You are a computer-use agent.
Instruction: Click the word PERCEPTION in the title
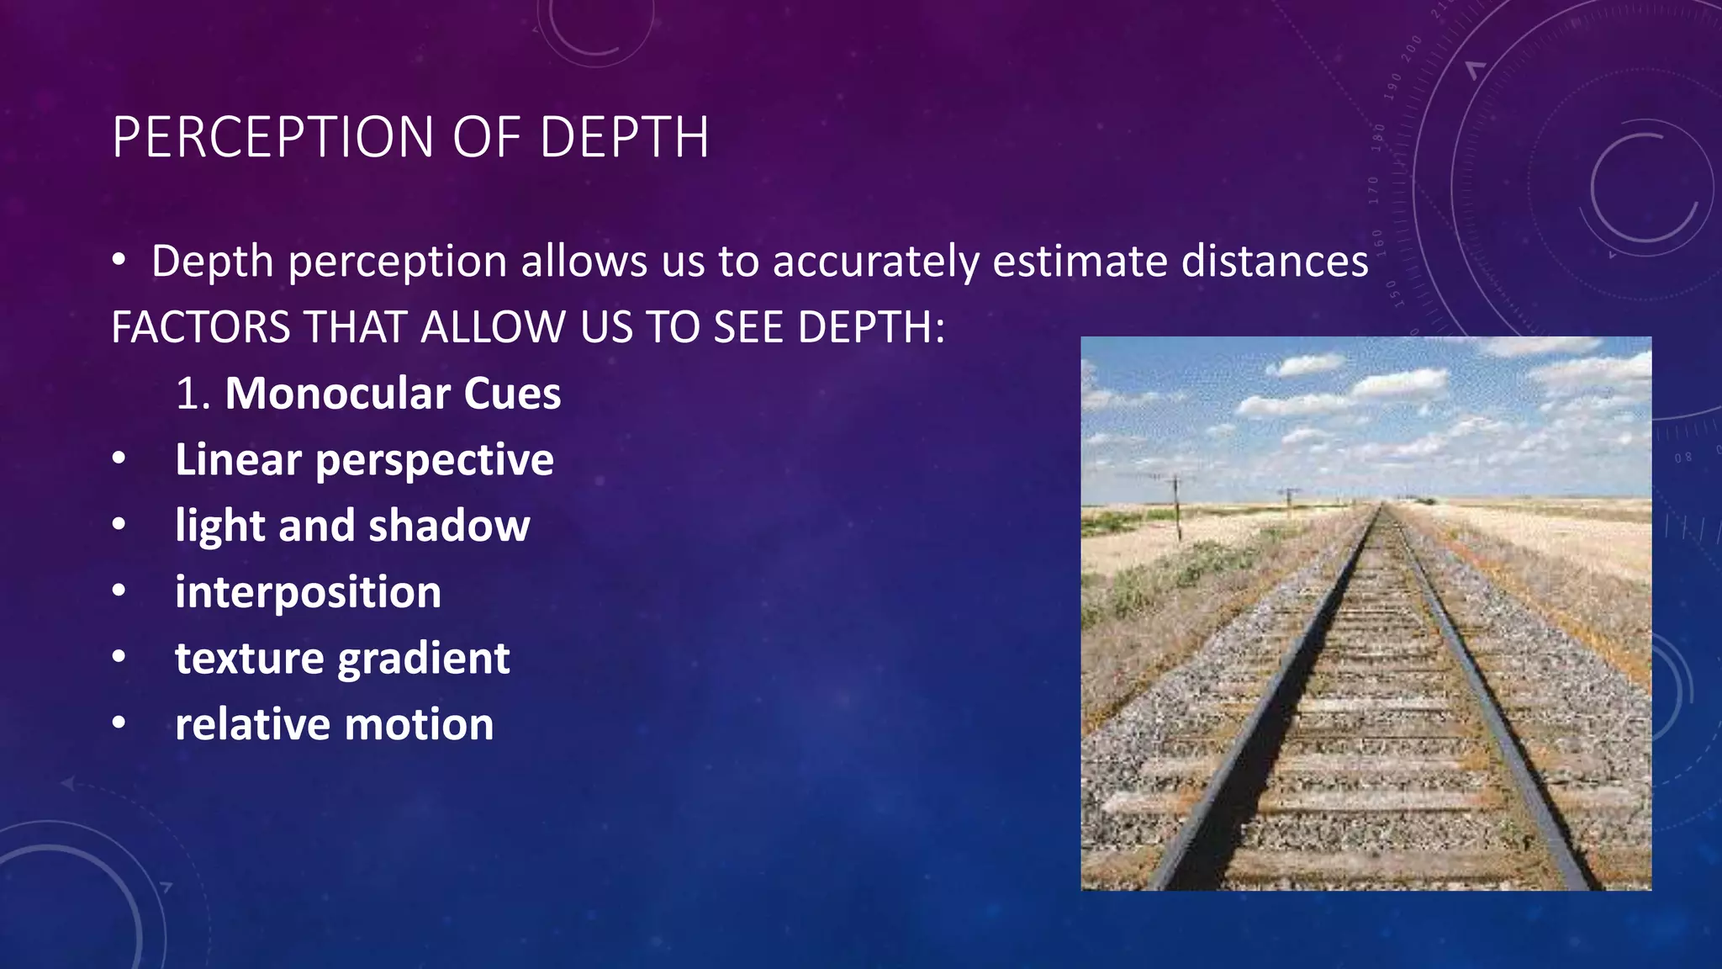[x=273, y=137]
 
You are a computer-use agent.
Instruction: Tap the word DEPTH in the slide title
[x=624, y=137]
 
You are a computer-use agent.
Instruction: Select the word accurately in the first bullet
[x=875, y=262]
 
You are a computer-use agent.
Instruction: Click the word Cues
[x=512, y=394]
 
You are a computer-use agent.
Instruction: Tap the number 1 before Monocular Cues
[x=187, y=394]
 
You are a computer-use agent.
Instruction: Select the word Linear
[x=238, y=459]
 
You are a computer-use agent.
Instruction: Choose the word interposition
[x=308, y=592]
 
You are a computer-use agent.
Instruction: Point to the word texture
[x=249, y=658]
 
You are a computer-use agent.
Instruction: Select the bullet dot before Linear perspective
[x=119, y=458]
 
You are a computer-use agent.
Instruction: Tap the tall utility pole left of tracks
[x=1176, y=508]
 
